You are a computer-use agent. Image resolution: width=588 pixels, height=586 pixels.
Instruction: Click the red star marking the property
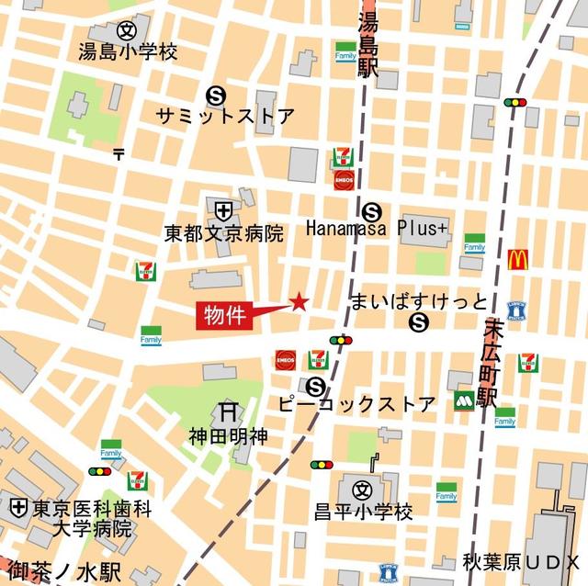(299, 301)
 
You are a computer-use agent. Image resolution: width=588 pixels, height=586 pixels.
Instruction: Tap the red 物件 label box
(223, 315)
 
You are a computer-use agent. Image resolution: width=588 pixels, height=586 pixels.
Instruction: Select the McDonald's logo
(517, 260)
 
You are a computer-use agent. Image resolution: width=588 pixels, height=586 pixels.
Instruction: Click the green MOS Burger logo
(464, 401)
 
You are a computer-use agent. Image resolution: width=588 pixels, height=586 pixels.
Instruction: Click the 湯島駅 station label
(368, 46)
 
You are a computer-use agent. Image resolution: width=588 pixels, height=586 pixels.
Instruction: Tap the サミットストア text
(225, 117)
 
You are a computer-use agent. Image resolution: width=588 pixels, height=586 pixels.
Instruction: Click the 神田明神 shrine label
(229, 435)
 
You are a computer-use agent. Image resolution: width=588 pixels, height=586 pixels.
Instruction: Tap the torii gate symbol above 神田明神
(228, 411)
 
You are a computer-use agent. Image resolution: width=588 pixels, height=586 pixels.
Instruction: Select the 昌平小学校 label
(364, 511)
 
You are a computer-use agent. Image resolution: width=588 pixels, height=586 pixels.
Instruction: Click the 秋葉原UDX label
(522, 562)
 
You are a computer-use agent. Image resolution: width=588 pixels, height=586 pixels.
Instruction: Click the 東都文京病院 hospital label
(224, 233)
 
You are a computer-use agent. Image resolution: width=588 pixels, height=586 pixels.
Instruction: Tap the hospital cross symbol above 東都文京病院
(223, 210)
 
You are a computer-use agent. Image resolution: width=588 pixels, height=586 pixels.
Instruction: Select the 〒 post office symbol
(119, 154)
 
